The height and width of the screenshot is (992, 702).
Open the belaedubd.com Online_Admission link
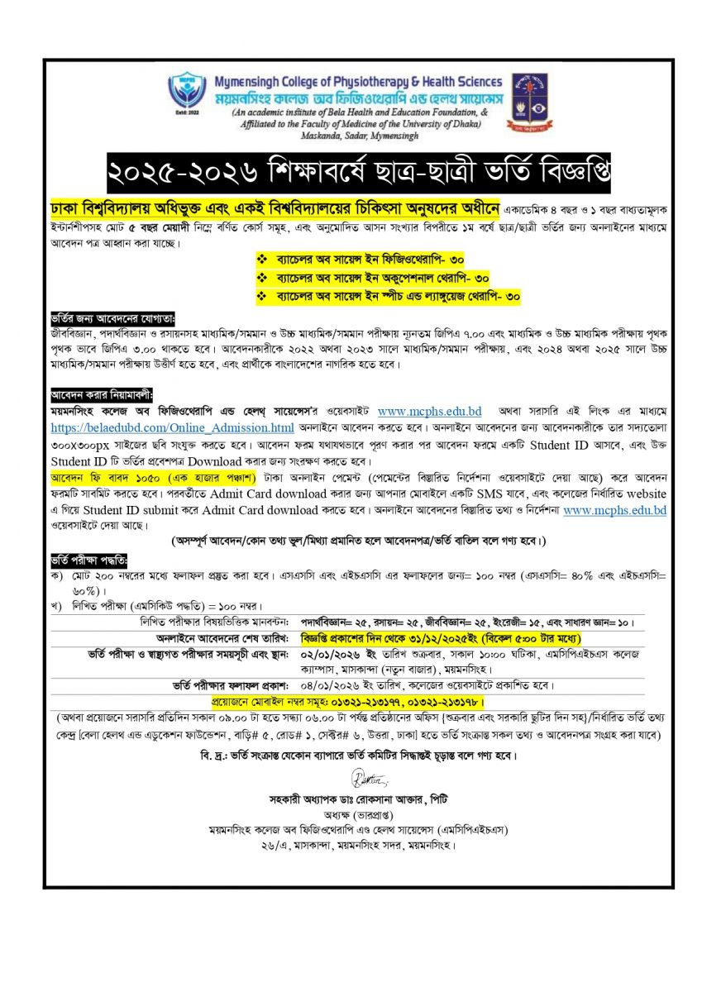click(x=172, y=427)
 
